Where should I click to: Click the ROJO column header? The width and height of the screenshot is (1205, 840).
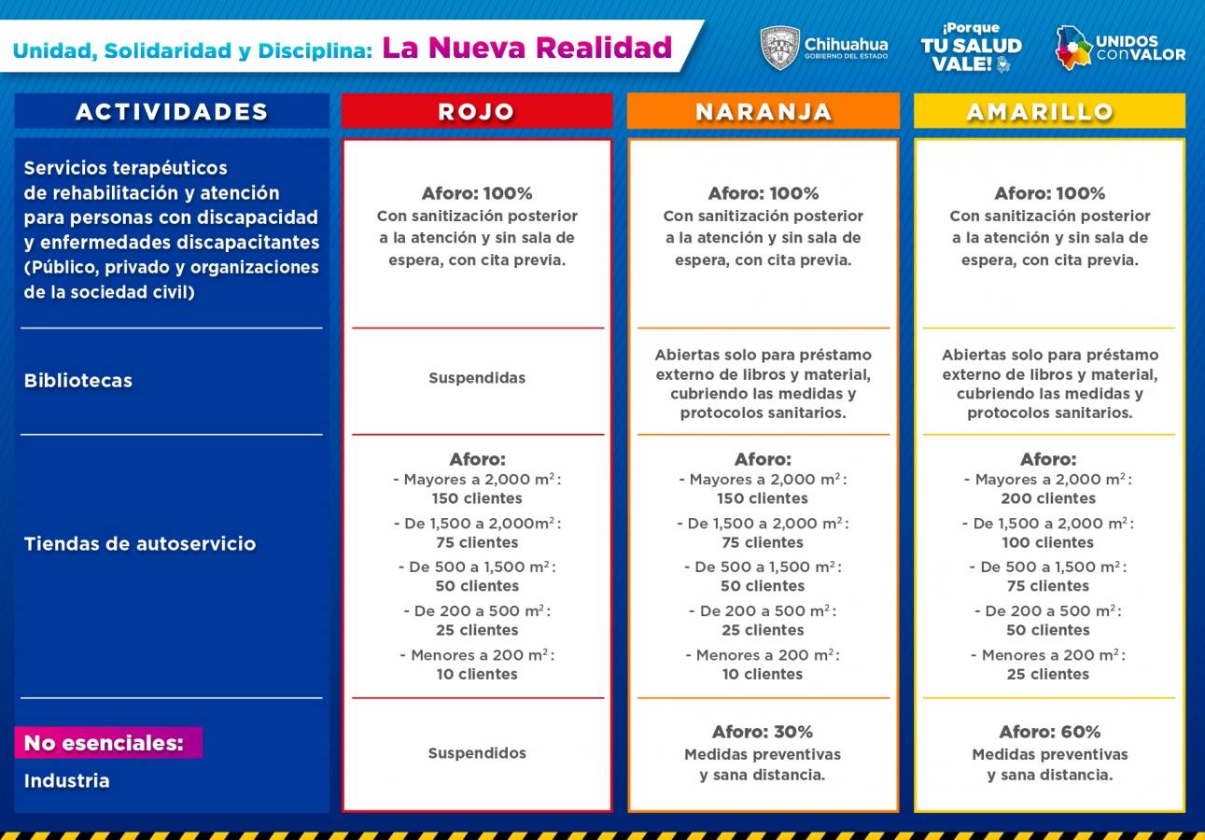click(x=476, y=111)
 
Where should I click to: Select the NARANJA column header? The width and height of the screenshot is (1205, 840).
click(x=763, y=111)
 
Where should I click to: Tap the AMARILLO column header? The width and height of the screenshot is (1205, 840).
click(x=1048, y=111)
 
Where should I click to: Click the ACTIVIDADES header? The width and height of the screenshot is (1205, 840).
click(x=172, y=111)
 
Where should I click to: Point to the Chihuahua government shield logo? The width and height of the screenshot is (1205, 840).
click(x=780, y=48)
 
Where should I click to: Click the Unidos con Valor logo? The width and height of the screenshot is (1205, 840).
click(x=1120, y=48)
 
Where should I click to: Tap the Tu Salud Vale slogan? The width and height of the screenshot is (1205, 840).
click(x=971, y=48)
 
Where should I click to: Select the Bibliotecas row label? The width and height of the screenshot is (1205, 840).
click(x=78, y=381)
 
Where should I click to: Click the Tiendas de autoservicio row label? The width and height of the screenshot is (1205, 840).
click(x=140, y=544)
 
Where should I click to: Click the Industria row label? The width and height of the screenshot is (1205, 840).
click(x=66, y=781)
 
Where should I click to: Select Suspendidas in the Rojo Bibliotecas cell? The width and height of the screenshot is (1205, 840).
click(x=477, y=378)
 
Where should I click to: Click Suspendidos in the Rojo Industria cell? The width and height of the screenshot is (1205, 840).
click(x=477, y=753)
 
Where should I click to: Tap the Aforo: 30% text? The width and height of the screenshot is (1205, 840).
click(x=763, y=732)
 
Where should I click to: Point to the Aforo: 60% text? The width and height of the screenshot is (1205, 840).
click(x=1049, y=732)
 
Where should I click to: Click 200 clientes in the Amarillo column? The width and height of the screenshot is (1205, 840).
click(x=1048, y=498)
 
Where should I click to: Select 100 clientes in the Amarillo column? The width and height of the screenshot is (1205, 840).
click(x=1048, y=542)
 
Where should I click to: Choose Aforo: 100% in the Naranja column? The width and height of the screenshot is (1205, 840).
click(x=763, y=193)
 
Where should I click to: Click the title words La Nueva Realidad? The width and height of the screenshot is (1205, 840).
click(x=527, y=47)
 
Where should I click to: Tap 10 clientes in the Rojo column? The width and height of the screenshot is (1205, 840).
click(x=477, y=674)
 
